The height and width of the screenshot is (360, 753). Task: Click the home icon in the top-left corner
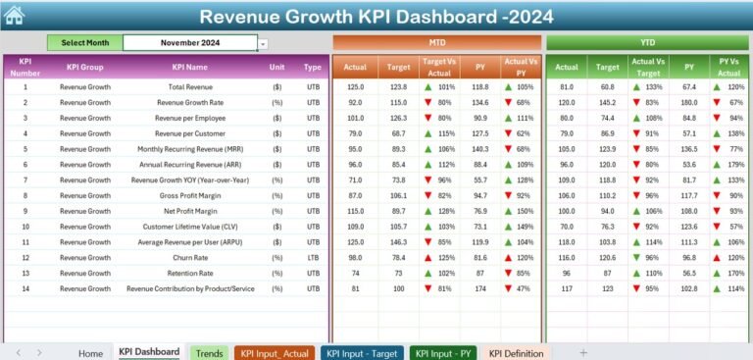tap(14, 15)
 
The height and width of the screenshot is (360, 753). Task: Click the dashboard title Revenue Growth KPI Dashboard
tap(376, 17)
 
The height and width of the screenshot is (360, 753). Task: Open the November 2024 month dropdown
tap(263, 43)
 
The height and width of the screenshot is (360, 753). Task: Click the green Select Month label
tap(85, 43)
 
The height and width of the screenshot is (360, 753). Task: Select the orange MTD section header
tap(436, 43)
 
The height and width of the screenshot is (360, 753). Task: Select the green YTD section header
tap(648, 43)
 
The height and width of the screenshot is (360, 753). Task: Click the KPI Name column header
tap(190, 68)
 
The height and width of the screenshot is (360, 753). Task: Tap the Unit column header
tap(277, 68)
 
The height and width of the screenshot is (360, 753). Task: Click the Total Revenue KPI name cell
tap(190, 87)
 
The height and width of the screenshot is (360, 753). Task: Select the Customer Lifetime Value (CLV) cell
tap(190, 228)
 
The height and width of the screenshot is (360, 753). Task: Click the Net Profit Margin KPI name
tap(190, 212)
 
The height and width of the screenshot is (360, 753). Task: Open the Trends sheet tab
tap(209, 353)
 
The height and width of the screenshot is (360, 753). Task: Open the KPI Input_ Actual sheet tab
tap(275, 353)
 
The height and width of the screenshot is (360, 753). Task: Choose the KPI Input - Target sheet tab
tap(363, 353)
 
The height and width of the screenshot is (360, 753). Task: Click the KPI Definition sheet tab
tap(517, 353)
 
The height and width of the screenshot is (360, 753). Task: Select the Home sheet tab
tap(90, 353)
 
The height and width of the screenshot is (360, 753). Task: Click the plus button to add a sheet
tap(583, 352)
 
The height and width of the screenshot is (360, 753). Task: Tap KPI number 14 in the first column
tap(26, 289)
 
